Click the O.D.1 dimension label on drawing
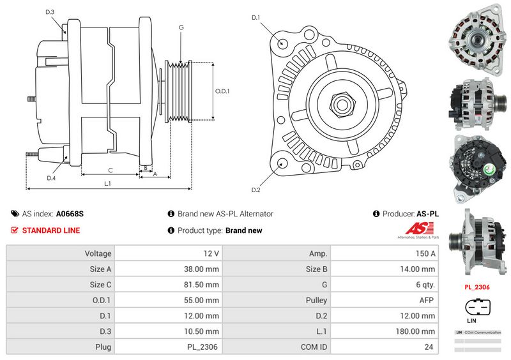(222, 91)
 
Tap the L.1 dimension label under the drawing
(108, 184)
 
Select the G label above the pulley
(181, 27)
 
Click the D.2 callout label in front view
(256, 190)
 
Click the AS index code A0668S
(70, 214)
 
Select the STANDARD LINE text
(51, 230)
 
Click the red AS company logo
(420, 229)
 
